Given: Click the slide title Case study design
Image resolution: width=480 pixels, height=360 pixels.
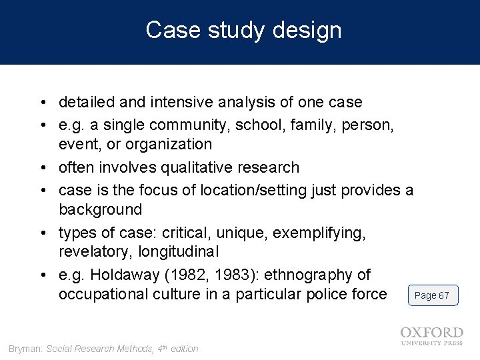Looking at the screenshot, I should tap(243, 31).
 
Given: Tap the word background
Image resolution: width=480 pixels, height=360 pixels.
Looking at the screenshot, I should tap(100, 210).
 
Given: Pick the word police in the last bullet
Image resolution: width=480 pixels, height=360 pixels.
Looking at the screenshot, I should tap(313, 295).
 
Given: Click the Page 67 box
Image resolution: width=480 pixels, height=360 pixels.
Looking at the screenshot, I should tap(432, 295).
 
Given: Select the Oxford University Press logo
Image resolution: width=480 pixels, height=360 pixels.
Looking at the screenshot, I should tap(431, 335).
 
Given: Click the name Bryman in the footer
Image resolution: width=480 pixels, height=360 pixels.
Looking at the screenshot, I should tap(25, 349).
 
